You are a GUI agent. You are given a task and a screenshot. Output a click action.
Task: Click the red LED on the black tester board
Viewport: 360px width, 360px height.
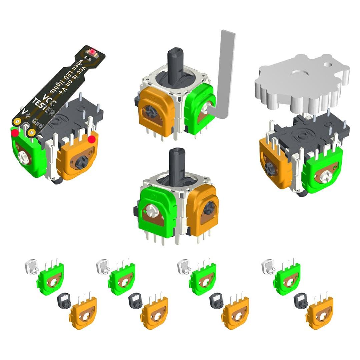[91, 52]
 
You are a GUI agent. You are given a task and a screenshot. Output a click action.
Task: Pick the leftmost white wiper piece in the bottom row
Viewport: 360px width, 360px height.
[31, 267]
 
